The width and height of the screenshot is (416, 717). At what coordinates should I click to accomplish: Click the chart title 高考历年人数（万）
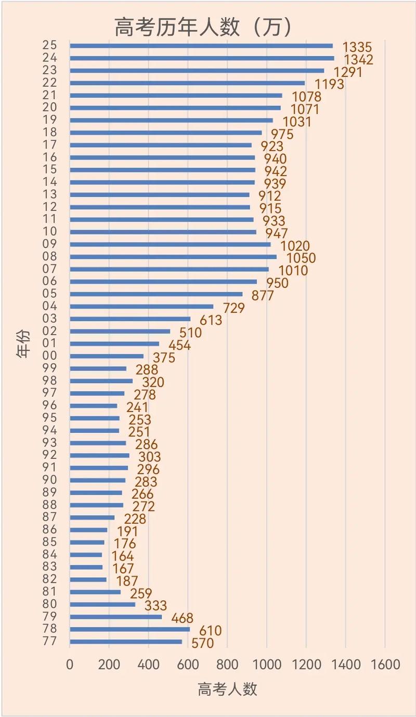pos(203,27)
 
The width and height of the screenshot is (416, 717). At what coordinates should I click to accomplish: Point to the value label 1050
pos(298,258)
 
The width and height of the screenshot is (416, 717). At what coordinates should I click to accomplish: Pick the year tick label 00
pos(50,356)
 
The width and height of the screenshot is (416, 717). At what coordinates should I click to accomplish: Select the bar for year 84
pos(86,555)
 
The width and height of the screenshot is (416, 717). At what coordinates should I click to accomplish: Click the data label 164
pos(122,556)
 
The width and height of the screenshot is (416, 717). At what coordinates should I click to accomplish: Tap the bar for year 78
pos(130,629)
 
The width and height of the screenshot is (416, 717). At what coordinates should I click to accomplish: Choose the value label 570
pos(202,644)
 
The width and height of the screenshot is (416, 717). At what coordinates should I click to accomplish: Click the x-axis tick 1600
pos(385,665)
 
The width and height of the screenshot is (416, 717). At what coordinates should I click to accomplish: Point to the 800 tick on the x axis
pos(227,665)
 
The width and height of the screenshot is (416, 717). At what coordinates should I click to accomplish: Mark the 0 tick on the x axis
pos(70,665)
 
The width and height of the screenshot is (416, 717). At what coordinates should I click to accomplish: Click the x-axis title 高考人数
pos(227,689)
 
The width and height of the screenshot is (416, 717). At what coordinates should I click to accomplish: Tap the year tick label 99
pos(50,368)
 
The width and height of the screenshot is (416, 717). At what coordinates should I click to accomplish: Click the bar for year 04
pos(141,307)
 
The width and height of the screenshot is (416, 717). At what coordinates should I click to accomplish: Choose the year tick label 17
pos(50,145)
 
